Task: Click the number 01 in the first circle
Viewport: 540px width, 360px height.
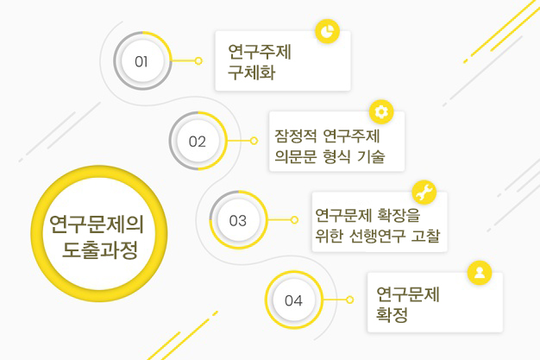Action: (141, 61)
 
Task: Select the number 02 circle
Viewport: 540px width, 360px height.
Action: (198, 141)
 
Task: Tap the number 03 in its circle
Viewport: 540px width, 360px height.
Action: (238, 220)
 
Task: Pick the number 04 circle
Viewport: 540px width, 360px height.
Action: (293, 300)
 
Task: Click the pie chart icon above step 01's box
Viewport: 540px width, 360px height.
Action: (326, 31)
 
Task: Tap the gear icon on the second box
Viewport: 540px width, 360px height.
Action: (381, 111)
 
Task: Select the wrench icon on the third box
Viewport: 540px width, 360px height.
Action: (424, 191)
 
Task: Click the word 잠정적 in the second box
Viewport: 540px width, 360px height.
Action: (295, 136)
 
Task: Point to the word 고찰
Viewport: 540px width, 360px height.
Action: (428, 237)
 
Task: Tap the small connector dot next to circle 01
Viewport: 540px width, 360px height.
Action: (198, 61)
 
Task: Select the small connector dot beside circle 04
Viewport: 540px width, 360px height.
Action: (350, 300)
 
